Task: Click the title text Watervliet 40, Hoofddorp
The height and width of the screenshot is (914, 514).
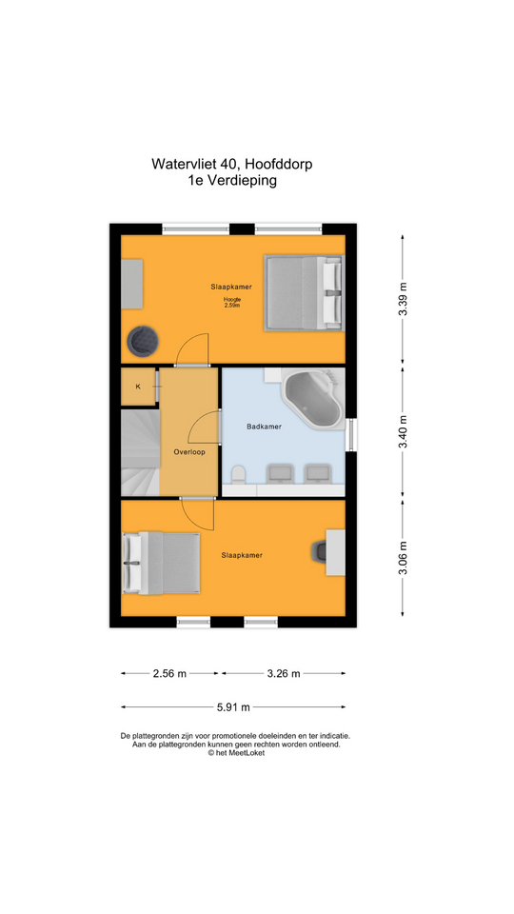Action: click(232, 164)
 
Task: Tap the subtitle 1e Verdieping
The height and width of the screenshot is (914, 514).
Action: click(232, 181)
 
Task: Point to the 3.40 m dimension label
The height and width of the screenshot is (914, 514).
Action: click(402, 431)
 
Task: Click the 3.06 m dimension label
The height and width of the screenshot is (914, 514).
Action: click(402, 558)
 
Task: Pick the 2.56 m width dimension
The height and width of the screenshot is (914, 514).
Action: click(169, 674)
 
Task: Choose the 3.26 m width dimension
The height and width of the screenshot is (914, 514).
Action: click(284, 674)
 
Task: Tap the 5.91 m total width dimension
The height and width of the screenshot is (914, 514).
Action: click(233, 707)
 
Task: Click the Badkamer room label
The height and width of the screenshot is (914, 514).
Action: click(264, 427)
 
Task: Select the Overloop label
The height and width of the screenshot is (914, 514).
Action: click(188, 451)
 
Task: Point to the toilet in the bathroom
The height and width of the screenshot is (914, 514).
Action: click(238, 474)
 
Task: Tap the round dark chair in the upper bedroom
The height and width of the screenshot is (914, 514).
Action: click(144, 341)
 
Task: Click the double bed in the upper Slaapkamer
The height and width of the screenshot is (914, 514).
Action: click(302, 293)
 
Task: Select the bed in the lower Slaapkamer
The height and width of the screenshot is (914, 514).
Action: click(162, 564)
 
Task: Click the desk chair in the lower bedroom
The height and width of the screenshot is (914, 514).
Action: click(320, 551)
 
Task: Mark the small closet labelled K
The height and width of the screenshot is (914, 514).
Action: click(138, 386)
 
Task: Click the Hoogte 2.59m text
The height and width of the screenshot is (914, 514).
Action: click(232, 303)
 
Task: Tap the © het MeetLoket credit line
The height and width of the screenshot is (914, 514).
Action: click(236, 752)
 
